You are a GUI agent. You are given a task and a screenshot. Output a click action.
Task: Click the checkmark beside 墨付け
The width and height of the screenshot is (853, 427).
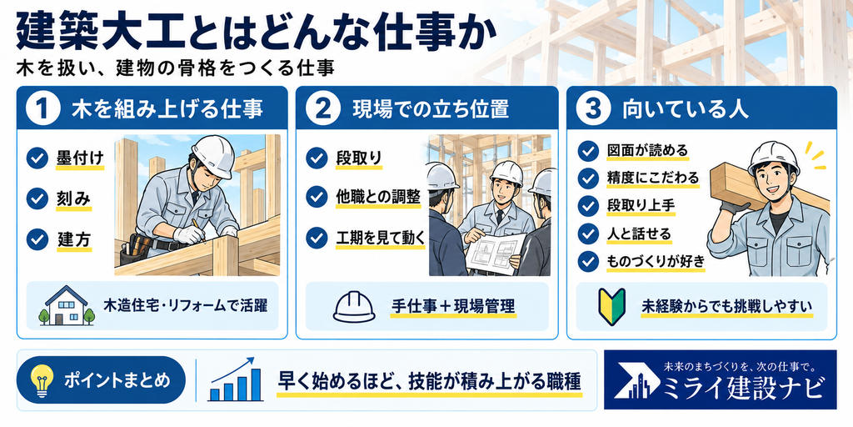click(x=37, y=158)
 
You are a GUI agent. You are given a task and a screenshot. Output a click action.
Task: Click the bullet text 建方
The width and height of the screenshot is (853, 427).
click(x=73, y=239)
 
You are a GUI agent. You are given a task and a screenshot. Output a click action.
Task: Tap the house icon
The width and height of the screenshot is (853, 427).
click(x=67, y=306)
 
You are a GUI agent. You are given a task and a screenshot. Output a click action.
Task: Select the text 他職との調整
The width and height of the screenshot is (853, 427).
click(x=378, y=197)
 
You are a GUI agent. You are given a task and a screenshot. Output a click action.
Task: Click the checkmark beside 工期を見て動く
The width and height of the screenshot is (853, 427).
click(x=317, y=238)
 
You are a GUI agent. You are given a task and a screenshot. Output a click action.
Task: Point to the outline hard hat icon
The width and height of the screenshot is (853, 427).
click(x=354, y=307)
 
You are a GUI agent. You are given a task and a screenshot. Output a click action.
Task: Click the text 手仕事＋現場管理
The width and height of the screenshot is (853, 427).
click(x=452, y=306)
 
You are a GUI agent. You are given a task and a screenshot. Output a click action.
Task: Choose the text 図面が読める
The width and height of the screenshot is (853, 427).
click(x=647, y=150)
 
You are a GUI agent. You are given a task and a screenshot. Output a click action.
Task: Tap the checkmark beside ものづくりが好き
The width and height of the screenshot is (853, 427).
click(x=588, y=261)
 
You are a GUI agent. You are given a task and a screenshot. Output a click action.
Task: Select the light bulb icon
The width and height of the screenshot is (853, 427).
click(x=41, y=379)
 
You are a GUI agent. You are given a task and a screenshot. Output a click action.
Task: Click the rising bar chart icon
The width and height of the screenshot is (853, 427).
click(x=235, y=379)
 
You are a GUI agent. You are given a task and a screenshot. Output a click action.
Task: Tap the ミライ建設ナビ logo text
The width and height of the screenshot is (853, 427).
click(x=741, y=388)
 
